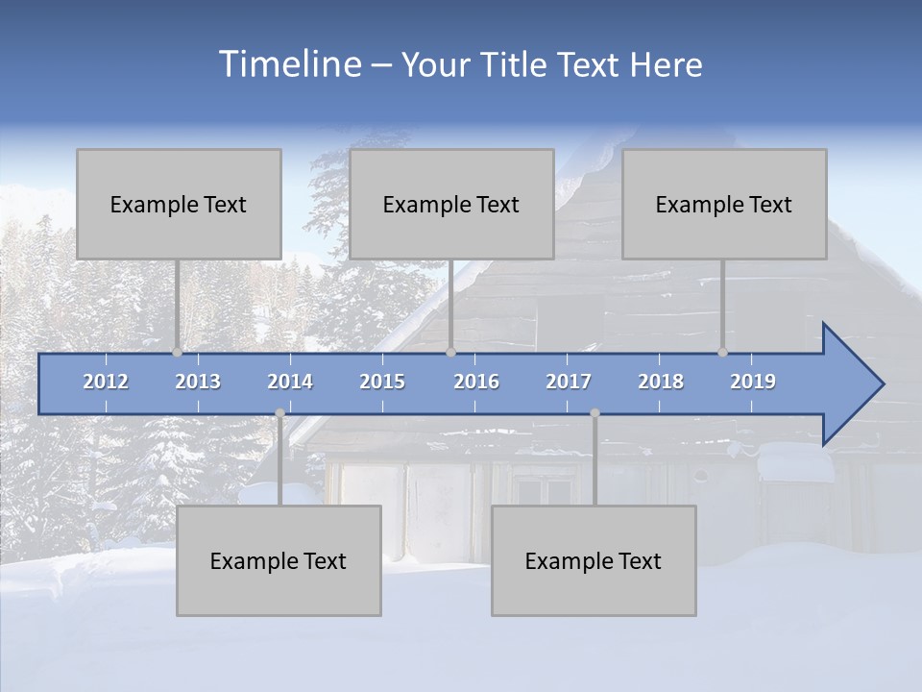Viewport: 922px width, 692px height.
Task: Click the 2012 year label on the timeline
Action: point(106,382)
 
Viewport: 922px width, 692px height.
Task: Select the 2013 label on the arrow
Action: point(198,382)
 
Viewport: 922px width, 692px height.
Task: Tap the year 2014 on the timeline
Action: point(290,382)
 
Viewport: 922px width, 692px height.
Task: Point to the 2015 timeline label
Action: point(382,382)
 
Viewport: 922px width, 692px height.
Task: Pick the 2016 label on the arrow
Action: point(476,382)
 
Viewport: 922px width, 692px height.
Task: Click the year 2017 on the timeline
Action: point(569,382)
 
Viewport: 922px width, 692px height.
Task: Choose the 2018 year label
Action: point(661,382)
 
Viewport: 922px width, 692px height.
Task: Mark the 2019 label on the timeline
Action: point(753,382)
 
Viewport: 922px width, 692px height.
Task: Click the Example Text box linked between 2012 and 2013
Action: point(179,204)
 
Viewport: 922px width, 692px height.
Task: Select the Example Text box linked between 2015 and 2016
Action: point(451,204)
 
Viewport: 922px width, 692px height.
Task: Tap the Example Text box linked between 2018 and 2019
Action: point(724,204)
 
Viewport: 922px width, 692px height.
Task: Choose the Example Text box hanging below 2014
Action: point(279,560)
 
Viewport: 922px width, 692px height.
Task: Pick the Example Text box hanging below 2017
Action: point(594,560)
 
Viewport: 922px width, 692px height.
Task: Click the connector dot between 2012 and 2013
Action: point(177,353)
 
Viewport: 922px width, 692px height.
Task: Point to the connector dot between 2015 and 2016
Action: point(450,353)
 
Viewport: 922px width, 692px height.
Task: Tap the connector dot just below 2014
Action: point(279,413)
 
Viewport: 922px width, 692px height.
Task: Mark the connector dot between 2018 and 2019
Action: point(722,353)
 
